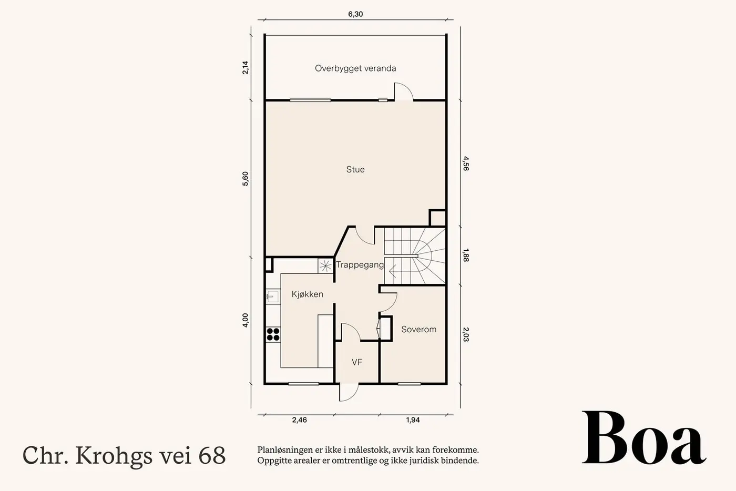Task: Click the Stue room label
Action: (355, 169)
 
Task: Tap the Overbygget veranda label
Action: (355, 68)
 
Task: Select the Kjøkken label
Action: (307, 294)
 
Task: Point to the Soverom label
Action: (418, 329)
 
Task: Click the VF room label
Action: (357, 362)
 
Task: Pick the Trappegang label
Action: (360, 265)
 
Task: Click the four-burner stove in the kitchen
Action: (273, 334)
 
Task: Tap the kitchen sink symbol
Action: (272, 296)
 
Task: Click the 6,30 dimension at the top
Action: (355, 14)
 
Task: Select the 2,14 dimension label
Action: (246, 68)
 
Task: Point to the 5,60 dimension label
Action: (246, 179)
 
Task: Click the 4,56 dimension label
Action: (466, 163)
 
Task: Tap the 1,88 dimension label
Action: (466, 255)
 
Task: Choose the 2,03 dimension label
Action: (466, 334)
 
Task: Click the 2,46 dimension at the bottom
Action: (299, 420)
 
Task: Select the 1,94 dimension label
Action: (413, 420)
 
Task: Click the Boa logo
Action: (644, 437)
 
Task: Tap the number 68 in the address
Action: (212, 455)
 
